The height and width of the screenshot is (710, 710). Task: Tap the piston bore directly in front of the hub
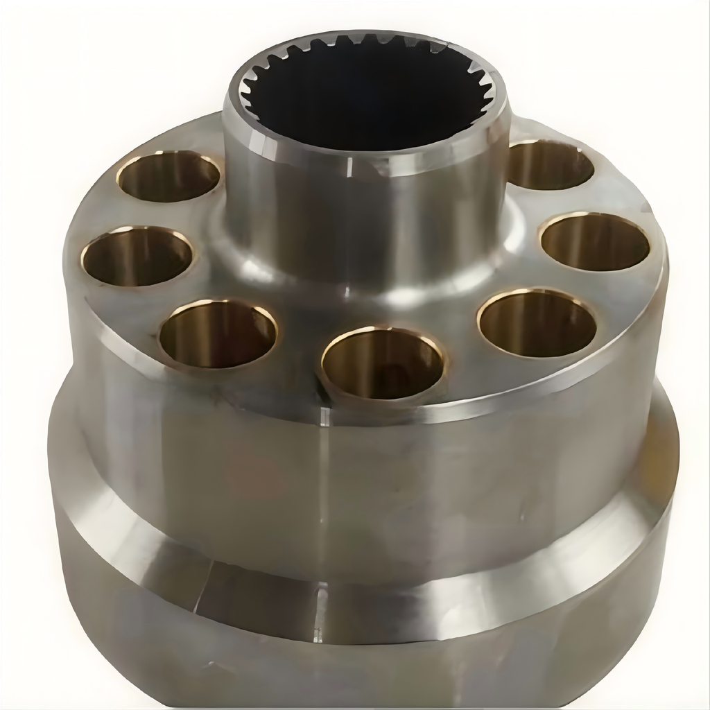(x=383, y=363)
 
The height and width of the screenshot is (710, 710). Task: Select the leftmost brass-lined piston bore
(x=137, y=255)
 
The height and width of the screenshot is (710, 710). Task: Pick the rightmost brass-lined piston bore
(x=595, y=242)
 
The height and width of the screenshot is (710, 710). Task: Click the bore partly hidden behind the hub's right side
(x=549, y=164)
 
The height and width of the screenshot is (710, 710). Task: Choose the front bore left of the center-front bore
(x=218, y=334)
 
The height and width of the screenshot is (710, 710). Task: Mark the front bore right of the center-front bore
(x=537, y=323)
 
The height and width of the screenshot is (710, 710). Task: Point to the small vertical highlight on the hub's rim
(x=349, y=166)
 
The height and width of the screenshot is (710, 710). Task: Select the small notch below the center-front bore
(x=324, y=415)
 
